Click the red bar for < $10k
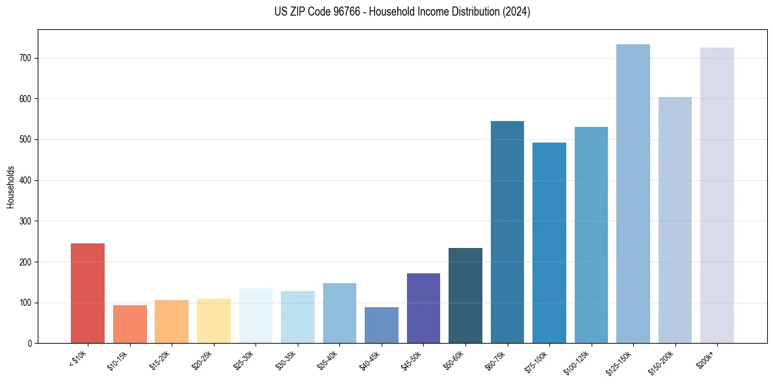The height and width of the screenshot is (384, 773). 88,293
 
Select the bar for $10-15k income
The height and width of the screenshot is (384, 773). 129,324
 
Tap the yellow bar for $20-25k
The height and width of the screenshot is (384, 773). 213,321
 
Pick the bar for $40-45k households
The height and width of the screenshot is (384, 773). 381,325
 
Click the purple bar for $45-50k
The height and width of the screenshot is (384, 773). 423,308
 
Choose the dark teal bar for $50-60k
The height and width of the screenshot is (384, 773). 465,295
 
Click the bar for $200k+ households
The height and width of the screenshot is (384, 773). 716,195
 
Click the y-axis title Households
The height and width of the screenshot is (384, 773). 10,186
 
